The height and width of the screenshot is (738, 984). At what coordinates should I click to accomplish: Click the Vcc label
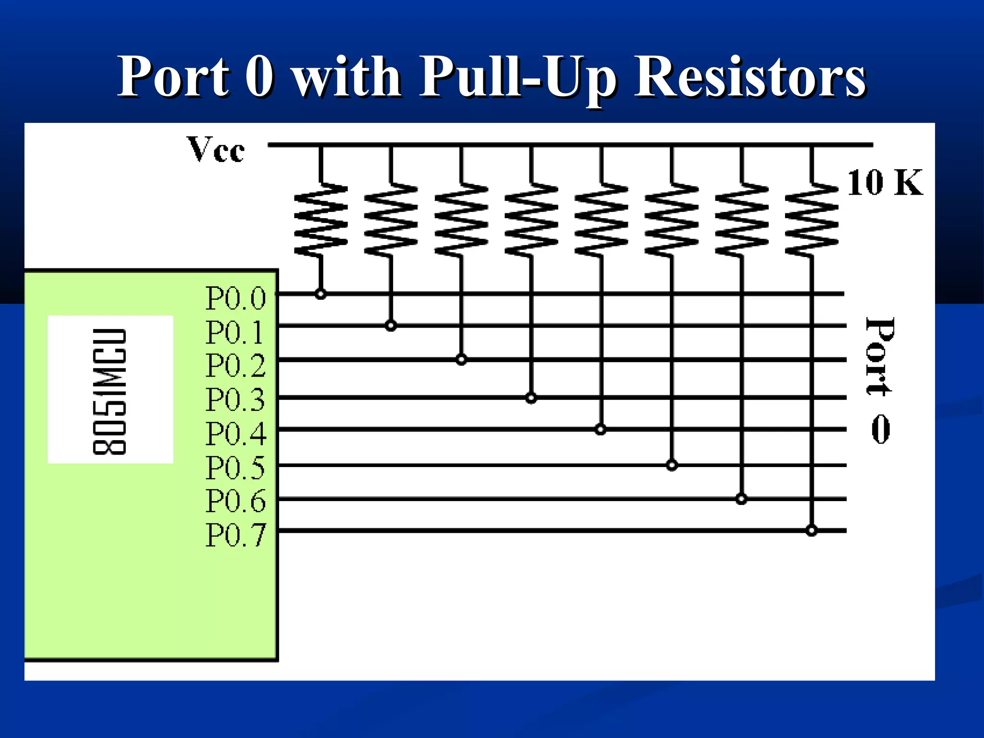coord(216,150)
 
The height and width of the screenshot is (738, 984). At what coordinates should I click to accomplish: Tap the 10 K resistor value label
coord(885,183)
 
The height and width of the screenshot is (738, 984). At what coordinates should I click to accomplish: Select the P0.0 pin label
coord(235,298)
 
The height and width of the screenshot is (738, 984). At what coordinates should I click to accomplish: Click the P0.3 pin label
coord(235,399)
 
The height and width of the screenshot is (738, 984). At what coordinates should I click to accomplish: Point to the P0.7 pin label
coord(235,535)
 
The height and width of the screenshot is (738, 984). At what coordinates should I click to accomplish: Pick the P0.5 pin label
coord(235,467)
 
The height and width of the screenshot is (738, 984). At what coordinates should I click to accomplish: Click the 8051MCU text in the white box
coord(110,391)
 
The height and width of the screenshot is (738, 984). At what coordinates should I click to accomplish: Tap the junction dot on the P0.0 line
coord(321,294)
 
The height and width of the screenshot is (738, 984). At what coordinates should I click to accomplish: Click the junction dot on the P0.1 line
coord(391,326)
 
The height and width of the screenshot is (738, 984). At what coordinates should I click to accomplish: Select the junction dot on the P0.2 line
coord(461,359)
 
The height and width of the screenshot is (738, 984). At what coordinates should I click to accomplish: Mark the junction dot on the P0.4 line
coord(600,430)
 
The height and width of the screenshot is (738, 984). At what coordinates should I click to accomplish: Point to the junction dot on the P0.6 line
coord(741,499)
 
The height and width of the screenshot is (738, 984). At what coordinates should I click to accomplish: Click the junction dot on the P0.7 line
coord(812,531)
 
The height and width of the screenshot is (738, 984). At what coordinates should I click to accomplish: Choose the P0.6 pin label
coord(235,501)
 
